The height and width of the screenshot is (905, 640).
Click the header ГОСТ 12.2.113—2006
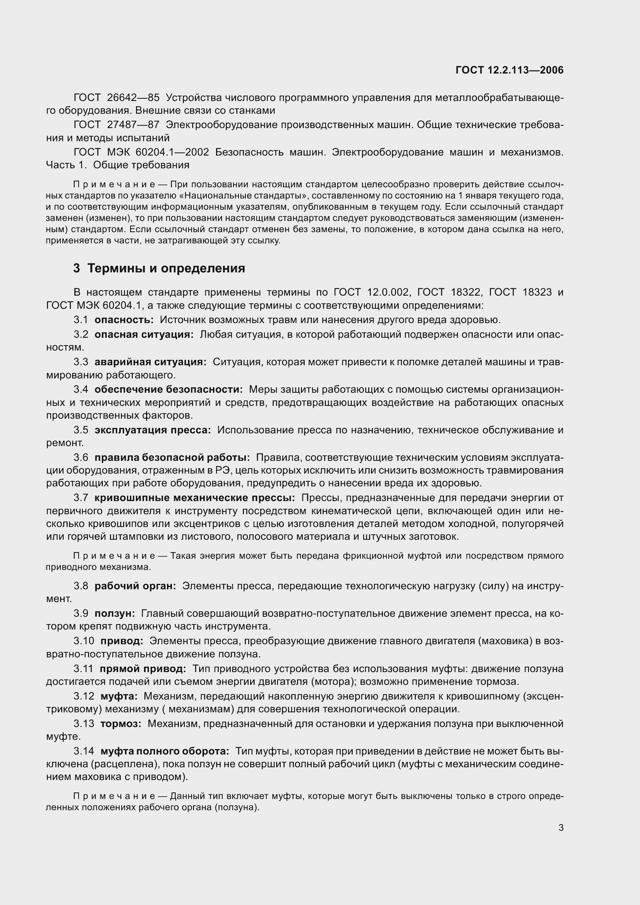[x=510, y=70]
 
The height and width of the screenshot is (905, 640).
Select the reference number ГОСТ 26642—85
[x=116, y=98]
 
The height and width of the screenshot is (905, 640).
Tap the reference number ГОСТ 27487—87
[x=116, y=125]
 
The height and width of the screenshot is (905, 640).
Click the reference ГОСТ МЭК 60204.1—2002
[x=141, y=152]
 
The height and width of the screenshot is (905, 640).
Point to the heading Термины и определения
[x=166, y=269]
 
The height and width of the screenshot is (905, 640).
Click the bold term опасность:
[x=124, y=320]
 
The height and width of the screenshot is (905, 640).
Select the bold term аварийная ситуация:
[x=150, y=362]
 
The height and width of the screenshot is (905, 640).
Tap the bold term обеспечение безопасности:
[x=168, y=390]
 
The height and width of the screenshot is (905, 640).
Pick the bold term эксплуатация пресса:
[x=153, y=430]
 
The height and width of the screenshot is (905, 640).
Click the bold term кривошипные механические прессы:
[x=194, y=498]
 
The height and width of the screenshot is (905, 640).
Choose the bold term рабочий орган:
[x=135, y=586]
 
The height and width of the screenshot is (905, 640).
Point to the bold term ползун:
[x=114, y=613]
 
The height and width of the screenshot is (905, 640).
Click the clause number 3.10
[x=84, y=641]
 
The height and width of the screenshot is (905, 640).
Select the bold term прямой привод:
[x=142, y=669]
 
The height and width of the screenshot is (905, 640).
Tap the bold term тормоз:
[x=121, y=724]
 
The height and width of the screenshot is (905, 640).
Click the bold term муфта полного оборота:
[x=165, y=751]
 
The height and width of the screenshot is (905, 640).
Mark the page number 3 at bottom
[x=561, y=828]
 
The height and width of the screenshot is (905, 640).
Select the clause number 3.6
[x=81, y=457]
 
